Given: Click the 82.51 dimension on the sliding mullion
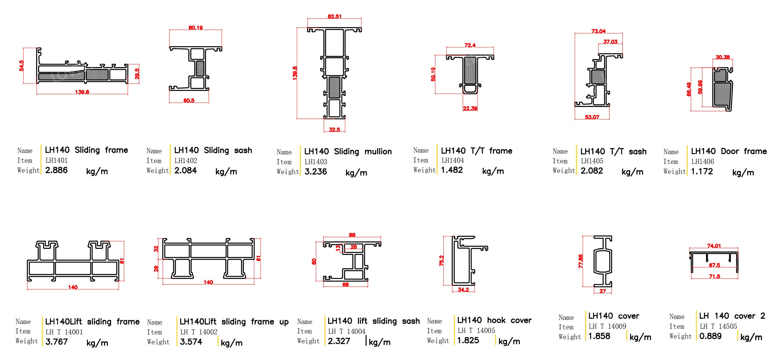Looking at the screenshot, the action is pos(334,17).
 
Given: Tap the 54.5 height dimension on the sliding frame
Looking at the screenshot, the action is pos(21,66).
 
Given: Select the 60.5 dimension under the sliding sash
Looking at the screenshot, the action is pos(189,100).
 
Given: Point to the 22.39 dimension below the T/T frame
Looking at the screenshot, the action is pos(470,108).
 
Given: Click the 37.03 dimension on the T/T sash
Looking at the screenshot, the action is pos(610,42).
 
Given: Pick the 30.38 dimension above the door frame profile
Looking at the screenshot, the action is pos(722,57).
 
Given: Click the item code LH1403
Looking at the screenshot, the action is pos(316,162).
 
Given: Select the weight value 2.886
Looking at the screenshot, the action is pos(56,170).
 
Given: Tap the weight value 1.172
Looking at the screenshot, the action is pos(702,172).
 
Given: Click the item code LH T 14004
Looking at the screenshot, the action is pos(347,332).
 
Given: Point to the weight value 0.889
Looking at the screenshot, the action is pos(710,336).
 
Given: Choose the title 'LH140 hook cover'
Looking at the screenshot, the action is pos(494,320).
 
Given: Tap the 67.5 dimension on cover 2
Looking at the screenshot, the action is pos(714,265).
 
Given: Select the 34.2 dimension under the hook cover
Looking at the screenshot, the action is pos(463,290).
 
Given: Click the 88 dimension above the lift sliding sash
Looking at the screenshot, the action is pos(352,235).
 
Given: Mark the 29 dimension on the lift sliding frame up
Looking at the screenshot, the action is pos(156,268).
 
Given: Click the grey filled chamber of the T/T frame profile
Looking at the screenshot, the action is pos(470,71).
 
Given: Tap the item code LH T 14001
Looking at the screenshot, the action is pos(64,332).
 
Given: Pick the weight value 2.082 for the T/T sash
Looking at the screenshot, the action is pos(591,171).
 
